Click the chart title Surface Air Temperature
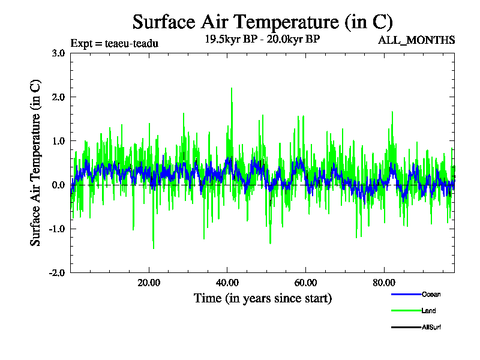[262, 22]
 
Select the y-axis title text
[37, 163]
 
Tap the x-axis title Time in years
[262, 298]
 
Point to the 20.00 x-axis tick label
[149, 283]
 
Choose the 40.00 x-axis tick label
[227, 283]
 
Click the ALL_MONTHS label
[416, 41]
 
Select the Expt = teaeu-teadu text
[115, 43]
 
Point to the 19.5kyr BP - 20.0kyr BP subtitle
[262, 40]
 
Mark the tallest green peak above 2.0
[232, 88]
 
